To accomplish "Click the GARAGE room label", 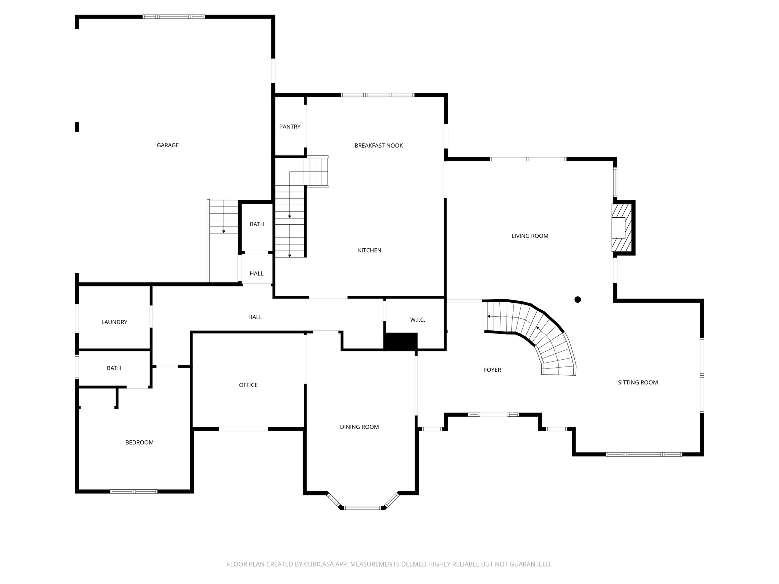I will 168,145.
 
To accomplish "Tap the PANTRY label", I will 290,127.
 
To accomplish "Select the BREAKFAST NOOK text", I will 378,145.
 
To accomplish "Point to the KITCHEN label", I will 369,250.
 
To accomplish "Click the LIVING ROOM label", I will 530,236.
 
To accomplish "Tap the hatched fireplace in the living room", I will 622,228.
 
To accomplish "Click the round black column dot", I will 577,300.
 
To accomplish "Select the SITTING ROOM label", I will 638,382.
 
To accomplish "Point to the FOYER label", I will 492,370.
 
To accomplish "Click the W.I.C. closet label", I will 417,320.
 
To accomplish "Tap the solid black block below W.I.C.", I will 401,341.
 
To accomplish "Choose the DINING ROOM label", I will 359,427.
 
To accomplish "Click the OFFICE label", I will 248,385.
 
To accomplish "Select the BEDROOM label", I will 139,442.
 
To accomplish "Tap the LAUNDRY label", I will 114,322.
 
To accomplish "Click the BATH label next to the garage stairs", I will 257,224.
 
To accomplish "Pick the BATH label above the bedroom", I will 114,368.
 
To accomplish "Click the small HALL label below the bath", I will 256,273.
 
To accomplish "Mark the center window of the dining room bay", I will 362,508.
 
